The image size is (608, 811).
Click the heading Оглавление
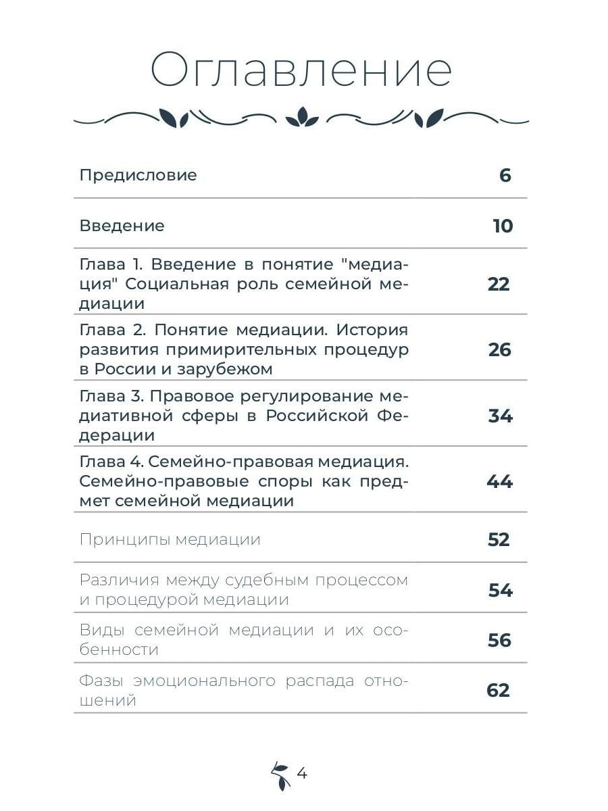[301, 69]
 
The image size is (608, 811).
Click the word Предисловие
[138, 175]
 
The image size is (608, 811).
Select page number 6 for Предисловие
[505, 176]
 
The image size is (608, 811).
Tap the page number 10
[503, 226]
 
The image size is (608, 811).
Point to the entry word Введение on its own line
[122, 226]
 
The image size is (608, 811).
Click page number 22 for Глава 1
[499, 284]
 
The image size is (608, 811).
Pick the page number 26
[500, 350]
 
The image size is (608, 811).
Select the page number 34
[500, 416]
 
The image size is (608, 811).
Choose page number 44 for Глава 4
[499, 482]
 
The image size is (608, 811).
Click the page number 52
[499, 539]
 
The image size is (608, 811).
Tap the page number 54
[500, 590]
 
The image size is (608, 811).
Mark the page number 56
[499, 640]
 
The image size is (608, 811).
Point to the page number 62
[498, 691]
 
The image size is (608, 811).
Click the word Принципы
[124, 539]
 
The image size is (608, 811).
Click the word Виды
[101, 630]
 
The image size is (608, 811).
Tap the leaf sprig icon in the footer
[280, 775]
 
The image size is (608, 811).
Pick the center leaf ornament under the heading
[301, 118]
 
